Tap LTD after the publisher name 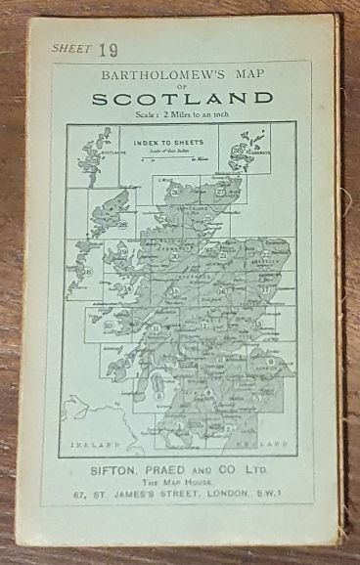pos(258,471)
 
